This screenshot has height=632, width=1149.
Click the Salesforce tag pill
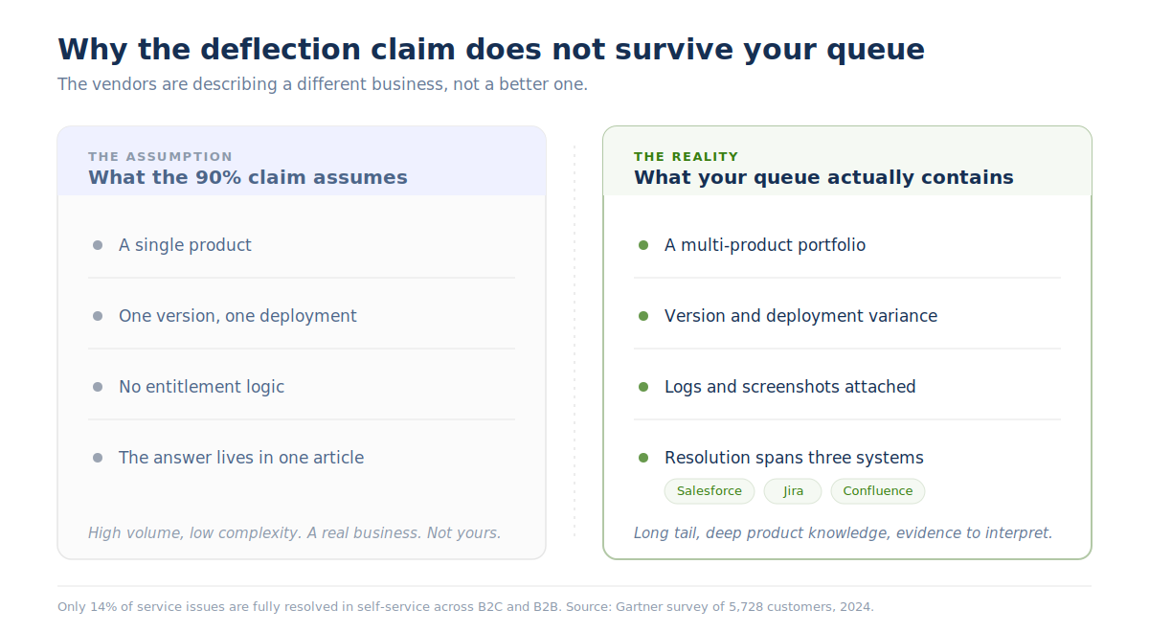click(709, 491)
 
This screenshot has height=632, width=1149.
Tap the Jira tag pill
click(793, 491)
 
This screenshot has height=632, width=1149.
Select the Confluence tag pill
click(878, 491)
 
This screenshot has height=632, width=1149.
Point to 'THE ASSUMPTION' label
click(160, 156)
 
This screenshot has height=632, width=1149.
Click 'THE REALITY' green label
click(686, 156)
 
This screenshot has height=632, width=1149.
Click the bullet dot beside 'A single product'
click(98, 245)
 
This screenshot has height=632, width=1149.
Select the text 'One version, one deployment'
click(237, 316)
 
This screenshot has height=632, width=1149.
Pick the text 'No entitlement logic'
click(202, 387)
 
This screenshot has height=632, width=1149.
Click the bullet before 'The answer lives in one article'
click(98, 458)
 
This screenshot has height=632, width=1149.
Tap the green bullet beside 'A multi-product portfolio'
click(643, 245)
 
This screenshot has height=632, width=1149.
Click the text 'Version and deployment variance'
click(800, 316)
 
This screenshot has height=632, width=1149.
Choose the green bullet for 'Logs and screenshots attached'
click(643, 387)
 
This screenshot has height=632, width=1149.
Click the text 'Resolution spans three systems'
click(794, 458)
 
